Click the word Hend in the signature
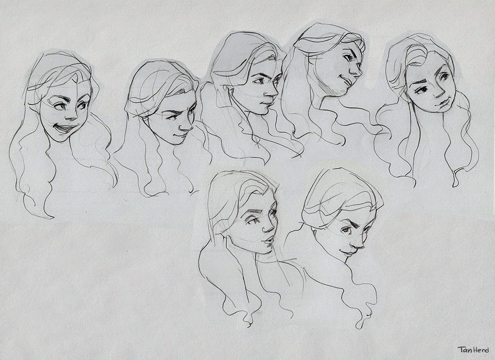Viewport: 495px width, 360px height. click(481, 349)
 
